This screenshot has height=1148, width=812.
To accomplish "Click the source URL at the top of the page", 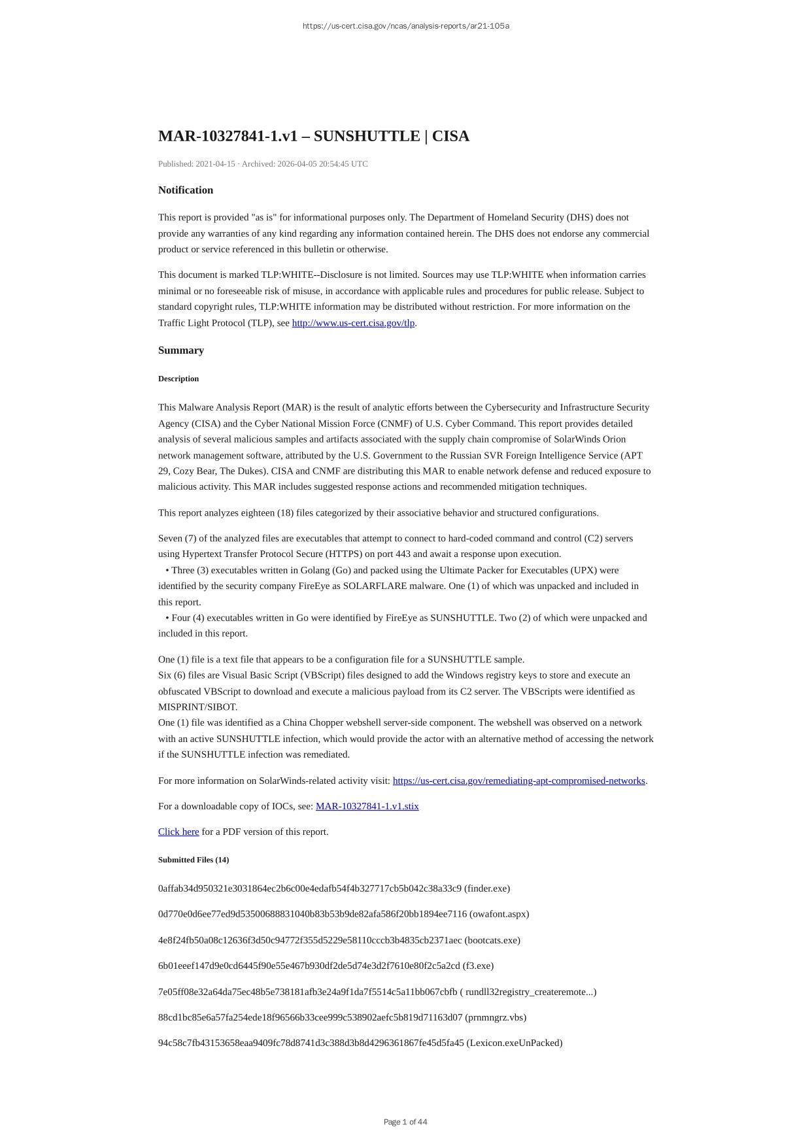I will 405,26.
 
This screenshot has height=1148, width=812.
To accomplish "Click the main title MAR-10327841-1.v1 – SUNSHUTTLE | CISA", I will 313,136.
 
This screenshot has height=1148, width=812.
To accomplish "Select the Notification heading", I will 186,190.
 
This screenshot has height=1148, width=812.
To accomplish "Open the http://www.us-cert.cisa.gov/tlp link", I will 353,323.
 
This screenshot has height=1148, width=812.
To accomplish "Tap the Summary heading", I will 181,350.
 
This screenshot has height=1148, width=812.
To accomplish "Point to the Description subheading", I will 178,379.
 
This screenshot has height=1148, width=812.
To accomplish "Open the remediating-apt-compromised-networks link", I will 518,781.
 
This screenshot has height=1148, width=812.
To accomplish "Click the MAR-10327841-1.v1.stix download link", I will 367,806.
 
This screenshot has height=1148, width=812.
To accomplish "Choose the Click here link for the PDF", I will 178,832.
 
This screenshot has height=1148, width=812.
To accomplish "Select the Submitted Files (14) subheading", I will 194,860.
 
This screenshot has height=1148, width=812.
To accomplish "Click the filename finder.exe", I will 487,888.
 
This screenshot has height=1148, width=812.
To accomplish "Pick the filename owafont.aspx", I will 499,914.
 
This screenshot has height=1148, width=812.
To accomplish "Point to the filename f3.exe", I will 478,966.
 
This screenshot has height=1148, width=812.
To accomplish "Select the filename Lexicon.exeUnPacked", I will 515,1043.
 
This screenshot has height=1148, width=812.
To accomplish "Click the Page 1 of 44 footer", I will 405,1122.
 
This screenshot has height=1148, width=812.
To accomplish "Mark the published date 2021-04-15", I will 215,164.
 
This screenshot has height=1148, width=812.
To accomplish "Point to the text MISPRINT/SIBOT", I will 197,707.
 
